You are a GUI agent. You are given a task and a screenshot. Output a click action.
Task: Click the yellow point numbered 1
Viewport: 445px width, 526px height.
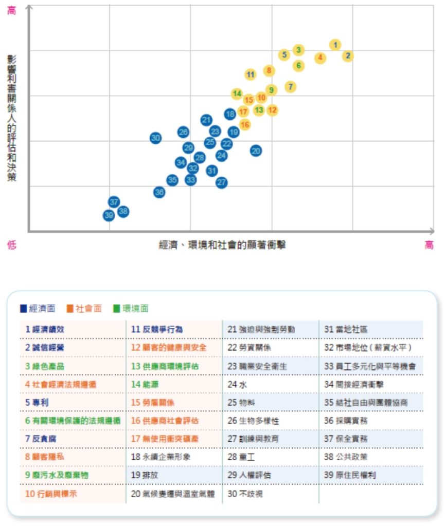click(x=335, y=45)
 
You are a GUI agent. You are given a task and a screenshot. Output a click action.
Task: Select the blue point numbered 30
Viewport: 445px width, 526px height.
click(x=156, y=138)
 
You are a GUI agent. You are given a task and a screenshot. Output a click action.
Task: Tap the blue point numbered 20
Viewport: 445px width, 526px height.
click(x=256, y=151)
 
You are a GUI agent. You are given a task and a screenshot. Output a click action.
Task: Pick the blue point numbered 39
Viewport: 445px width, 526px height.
click(x=109, y=215)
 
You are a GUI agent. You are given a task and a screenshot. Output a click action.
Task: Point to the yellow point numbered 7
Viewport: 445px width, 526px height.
click(x=291, y=87)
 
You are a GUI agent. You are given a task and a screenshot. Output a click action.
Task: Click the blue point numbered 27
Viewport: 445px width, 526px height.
click(x=221, y=182)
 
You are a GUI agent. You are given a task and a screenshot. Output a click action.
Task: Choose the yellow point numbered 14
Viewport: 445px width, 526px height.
click(x=237, y=93)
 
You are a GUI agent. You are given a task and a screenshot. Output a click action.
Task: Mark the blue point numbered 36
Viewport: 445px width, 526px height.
click(x=159, y=192)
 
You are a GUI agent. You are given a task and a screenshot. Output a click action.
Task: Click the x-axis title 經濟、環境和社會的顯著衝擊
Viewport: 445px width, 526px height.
click(x=222, y=245)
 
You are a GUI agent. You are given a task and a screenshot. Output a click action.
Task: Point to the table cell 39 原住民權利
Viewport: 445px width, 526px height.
click(x=349, y=475)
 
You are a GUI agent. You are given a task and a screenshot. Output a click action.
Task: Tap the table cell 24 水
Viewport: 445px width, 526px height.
click(x=237, y=384)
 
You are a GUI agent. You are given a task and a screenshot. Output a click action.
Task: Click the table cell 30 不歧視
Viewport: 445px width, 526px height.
click(x=242, y=494)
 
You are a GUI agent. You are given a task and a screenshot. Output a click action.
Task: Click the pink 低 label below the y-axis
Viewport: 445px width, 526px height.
click(x=11, y=245)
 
